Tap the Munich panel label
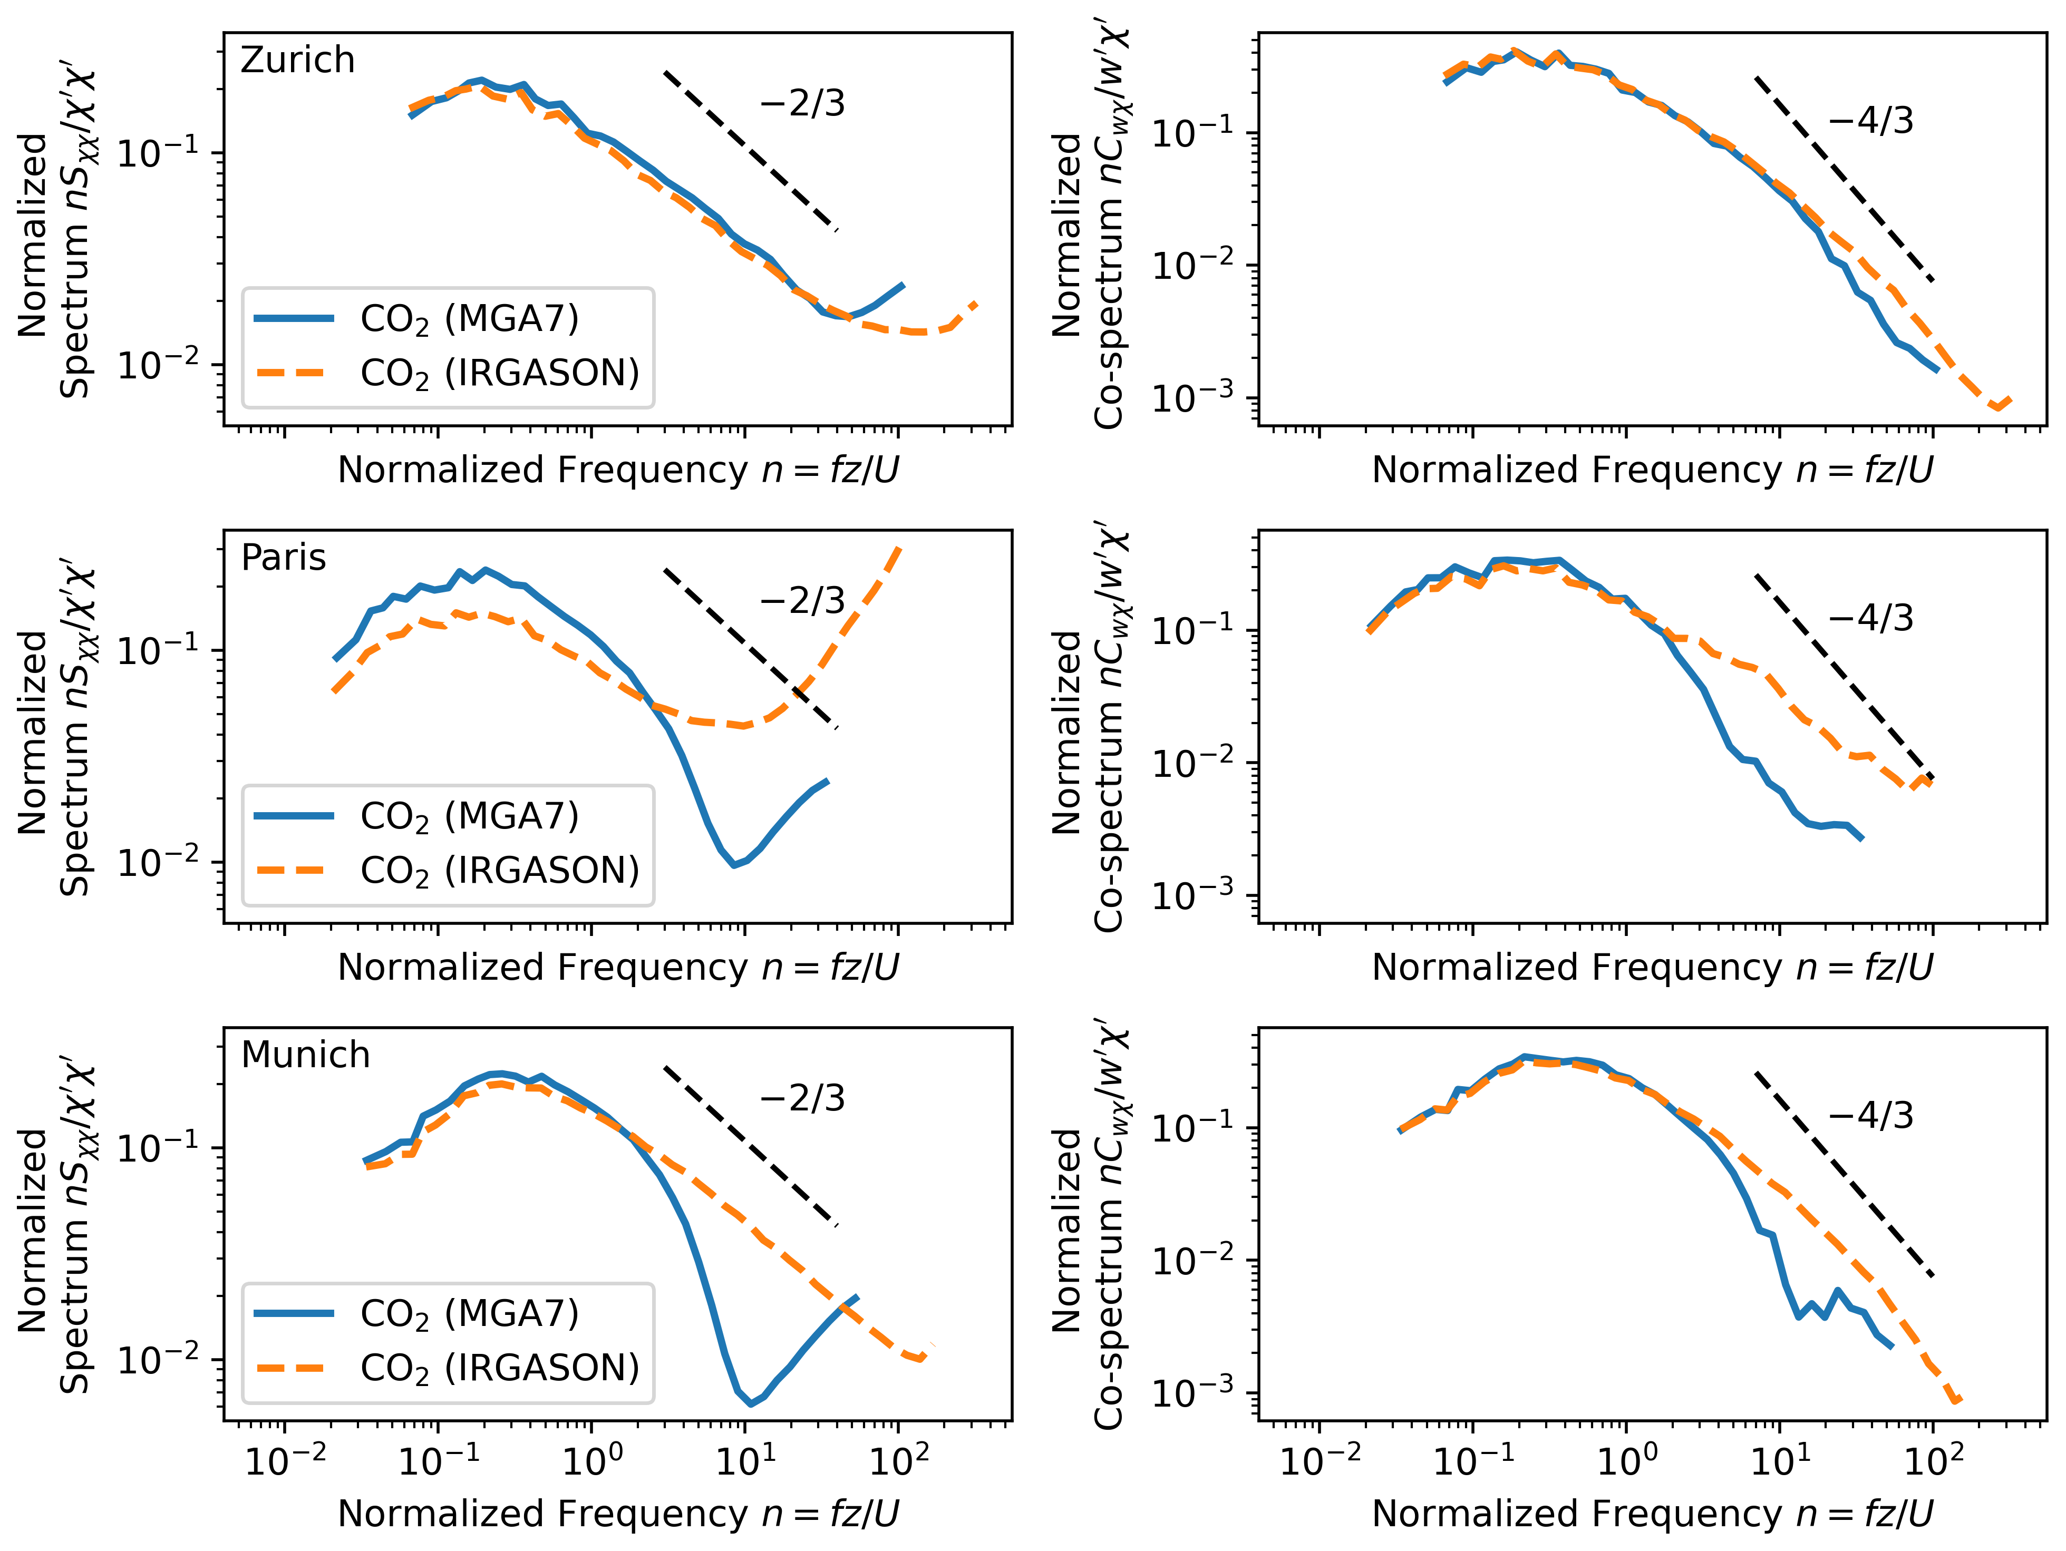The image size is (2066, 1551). pos(305,1055)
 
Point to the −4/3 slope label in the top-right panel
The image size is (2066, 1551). pos(1871,121)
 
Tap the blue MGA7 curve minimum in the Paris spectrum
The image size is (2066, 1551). pos(734,865)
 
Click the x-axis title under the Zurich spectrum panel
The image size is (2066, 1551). pos(618,470)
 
